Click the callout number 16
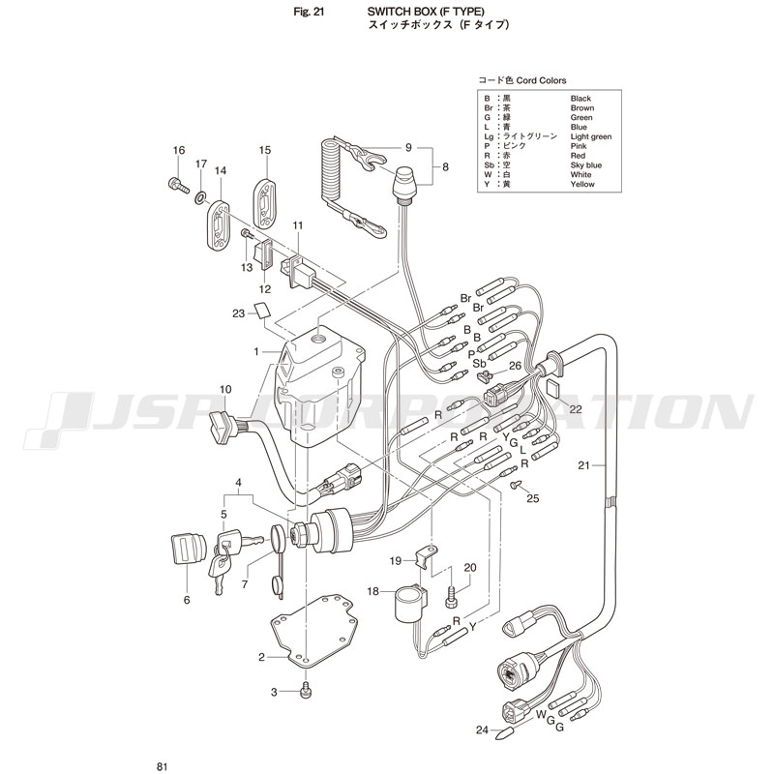[178, 150]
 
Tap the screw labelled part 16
[177, 184]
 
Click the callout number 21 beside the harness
[583, 465]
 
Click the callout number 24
[482, 730]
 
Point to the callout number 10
[225, 390]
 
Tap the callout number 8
[445, 167]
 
